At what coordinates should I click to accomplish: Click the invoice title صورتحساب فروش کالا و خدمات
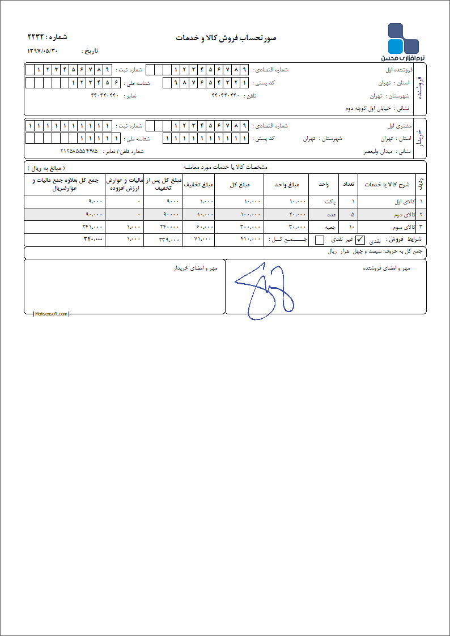[225, 38]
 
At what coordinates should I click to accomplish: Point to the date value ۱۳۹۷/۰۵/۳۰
[43, 51]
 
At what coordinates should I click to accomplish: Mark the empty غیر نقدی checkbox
[320, 240]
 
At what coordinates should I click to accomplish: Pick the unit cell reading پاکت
[329, 202]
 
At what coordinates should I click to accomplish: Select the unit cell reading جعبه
[329, 227]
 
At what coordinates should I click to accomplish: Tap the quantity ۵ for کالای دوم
[353, 214]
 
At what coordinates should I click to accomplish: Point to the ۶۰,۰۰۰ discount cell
[205, 227]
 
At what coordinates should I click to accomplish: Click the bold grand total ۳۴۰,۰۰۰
[91, 240]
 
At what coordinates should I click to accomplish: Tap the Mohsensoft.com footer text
[50, 314]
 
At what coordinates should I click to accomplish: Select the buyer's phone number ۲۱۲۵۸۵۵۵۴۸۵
[79, 152]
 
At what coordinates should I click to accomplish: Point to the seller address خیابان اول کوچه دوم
[372, 108]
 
